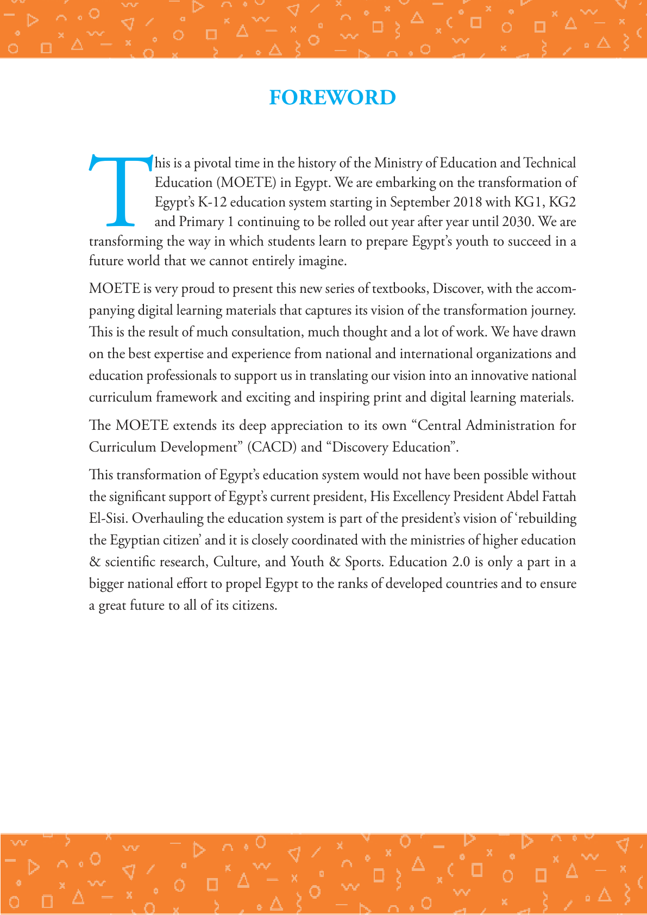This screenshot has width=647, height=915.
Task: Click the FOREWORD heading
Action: [x=332, y=98]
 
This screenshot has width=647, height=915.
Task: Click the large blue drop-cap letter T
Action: [x=121, y=190]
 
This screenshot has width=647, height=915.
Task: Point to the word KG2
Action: [x=562, y=203]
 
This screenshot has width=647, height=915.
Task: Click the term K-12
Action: [x=212, y=203]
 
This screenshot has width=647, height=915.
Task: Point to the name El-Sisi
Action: [x=107, y=518]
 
